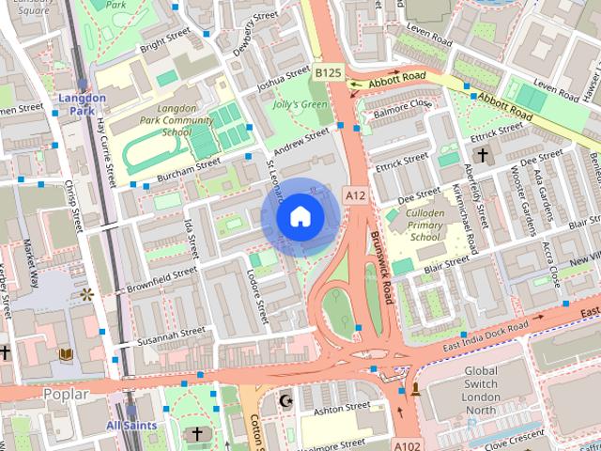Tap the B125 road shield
pyautogui.click(x=328, y=72)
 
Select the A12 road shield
pyautogui.click(x=354, y=194)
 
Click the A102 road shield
pyautogui.click(x=406, y=444)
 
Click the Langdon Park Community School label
pyautogui.click(x=162, y=120)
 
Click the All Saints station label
pyautogui.click(x=132, y=426)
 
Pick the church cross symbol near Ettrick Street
pyautogui.click(x=482, y=155)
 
